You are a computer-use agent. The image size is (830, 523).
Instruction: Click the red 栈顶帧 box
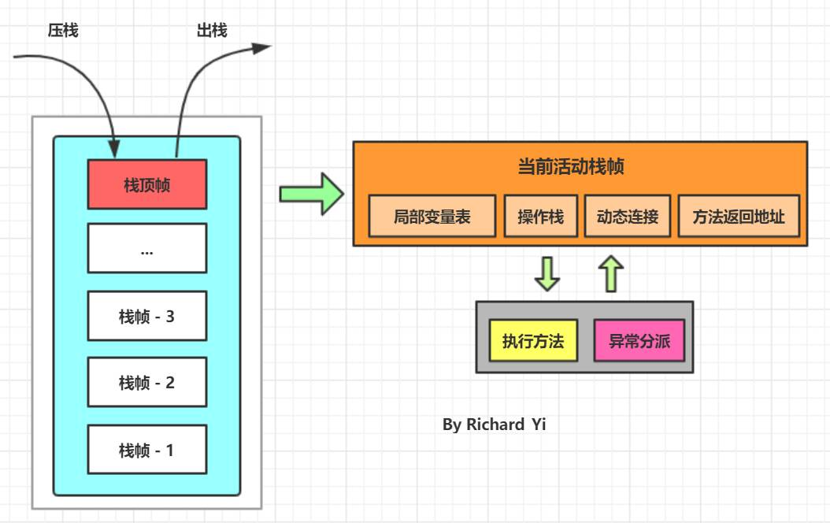tap(147, 184)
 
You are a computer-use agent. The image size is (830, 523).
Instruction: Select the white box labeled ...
tap(147, 248)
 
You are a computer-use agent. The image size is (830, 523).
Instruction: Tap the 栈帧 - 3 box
tap(147, 316)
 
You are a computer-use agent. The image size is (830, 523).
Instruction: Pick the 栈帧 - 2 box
tap(147, 383)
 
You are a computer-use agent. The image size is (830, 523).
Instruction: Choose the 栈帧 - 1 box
tap(147, 450)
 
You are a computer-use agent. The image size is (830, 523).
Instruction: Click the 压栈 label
tap(63, 31)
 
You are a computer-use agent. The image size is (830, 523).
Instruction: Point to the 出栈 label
tap(212, 31)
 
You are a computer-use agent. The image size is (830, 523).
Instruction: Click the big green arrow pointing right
tap(312, 194)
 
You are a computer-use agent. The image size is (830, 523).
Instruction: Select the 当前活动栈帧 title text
tap(572, 167)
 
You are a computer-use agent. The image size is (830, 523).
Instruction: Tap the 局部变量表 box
tap(432, 216)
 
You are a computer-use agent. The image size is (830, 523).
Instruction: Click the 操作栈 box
tap(541, 216)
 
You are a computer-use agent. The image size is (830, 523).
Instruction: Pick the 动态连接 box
tap(628, 216)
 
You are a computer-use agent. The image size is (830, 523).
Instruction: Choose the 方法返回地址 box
tap(739, 216)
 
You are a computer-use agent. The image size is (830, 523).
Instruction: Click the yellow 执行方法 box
tap(533, 341)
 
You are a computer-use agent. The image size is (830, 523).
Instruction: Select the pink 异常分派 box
tap(639, 341)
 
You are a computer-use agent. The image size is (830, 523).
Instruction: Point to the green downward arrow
tap(547, 273)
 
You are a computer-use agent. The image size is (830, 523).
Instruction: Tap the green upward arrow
tap(610, 273)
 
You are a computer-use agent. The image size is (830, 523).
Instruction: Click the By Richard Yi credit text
tap(494, 425)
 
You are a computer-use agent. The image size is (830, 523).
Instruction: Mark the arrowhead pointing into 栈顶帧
tap(114, 148)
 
